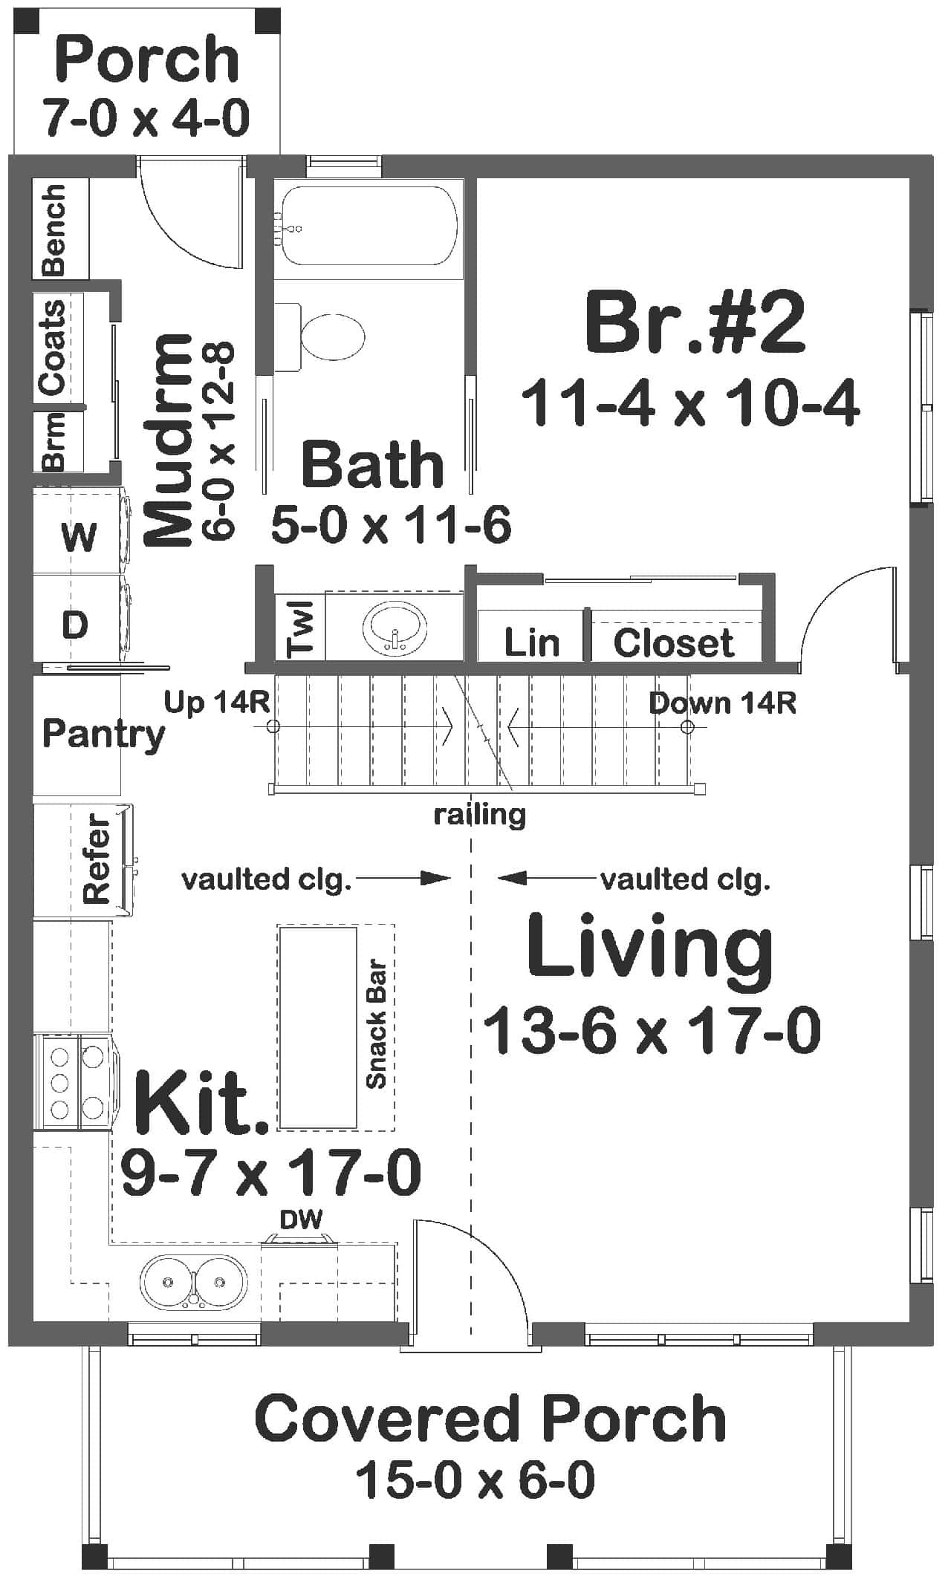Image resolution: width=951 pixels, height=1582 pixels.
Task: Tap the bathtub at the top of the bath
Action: [368, 227]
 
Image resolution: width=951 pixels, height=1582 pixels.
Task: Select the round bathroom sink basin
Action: [395, 628]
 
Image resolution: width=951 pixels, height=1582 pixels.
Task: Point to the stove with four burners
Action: [75, 1081]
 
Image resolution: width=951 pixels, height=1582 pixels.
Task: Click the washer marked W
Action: [78, 535]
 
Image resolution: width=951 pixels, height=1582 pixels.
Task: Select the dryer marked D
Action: [75, 625]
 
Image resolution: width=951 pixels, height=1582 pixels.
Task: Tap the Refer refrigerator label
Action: [97, 859]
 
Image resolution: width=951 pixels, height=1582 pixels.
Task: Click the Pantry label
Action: [103, 734]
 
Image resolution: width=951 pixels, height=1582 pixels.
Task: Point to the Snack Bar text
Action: [377, 1026]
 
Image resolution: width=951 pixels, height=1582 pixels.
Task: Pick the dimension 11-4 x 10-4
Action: [690, 404]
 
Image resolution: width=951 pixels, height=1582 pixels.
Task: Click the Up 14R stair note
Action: [216, 702]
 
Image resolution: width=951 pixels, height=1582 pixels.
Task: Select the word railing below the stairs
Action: [479, 816]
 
